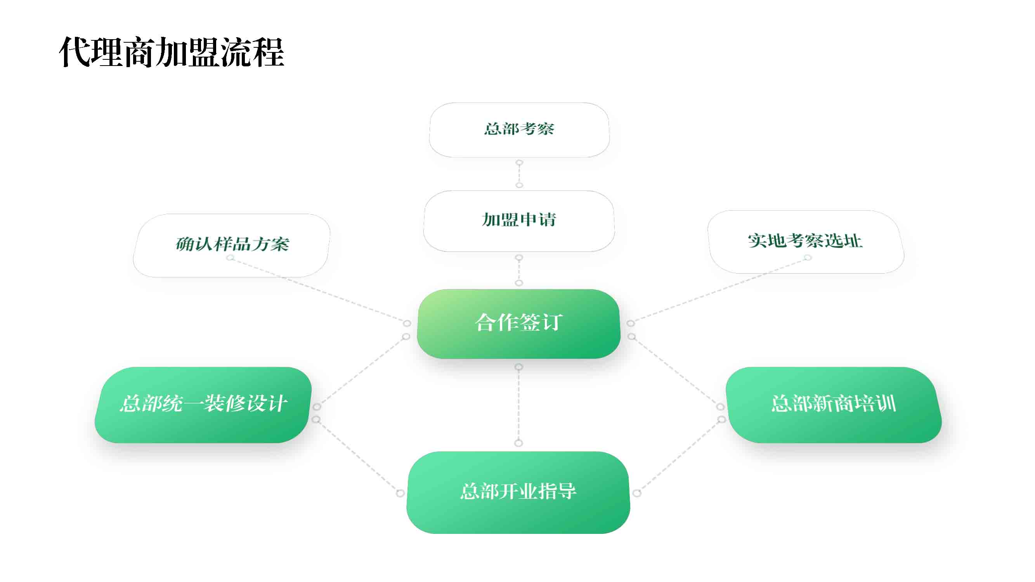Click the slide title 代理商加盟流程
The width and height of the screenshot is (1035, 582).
click(172, 52)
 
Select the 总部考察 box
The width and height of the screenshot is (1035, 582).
click(519, 130)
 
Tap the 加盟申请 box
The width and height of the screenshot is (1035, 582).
click(519, 221)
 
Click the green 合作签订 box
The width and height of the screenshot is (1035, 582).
click(519, 324)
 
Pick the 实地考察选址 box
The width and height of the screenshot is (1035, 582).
click(806, 242)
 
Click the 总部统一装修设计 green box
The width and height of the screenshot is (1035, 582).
click(203, 405)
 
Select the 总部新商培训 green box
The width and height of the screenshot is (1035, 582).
click(834, 405)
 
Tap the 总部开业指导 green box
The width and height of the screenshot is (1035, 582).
click(518, 492)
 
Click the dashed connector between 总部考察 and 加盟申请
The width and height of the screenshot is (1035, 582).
click(519, 174)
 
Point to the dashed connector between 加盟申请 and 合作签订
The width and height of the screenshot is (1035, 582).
click(519, 270)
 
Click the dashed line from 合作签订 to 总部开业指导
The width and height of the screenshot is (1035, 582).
click(519, 405)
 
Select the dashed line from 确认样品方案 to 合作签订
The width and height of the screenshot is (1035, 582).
click(319, 290)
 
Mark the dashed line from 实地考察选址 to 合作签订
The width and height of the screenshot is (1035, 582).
click(719, 290)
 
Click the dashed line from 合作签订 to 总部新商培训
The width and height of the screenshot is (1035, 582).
click(676, 372)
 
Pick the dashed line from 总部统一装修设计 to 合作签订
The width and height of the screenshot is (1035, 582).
click(362, 372)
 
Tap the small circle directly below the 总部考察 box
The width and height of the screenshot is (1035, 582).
click(520, 163)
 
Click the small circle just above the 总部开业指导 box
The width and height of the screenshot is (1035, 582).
click(519, 443)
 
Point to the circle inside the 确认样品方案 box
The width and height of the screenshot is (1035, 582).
click(230, 258)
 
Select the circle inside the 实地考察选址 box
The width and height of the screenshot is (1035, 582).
click(808, 258)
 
